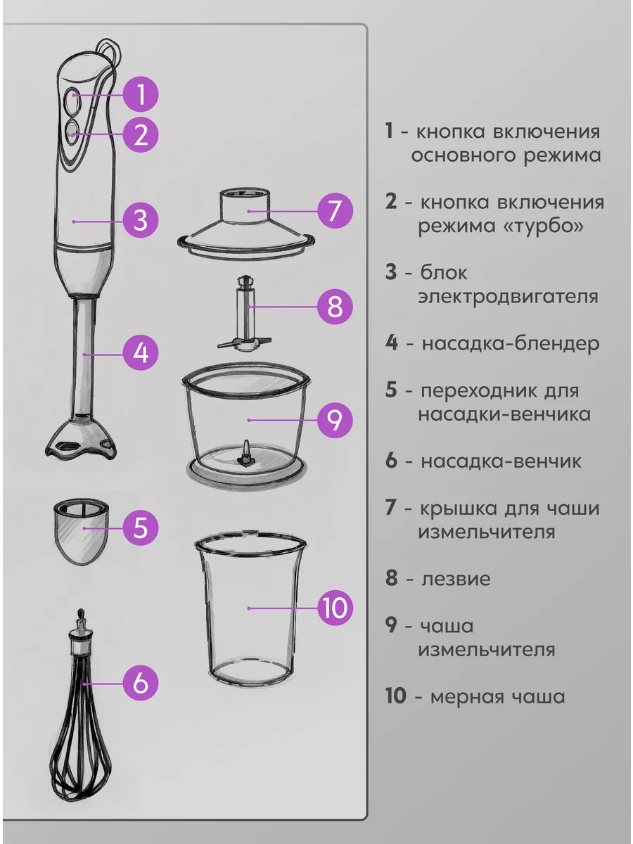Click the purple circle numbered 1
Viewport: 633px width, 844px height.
coord(141,94)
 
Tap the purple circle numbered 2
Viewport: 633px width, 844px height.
coord(141,134)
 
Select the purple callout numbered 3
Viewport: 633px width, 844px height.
coord(141,221)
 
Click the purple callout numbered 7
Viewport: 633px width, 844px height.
coord(335,211)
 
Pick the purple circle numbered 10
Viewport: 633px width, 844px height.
coord(335,608)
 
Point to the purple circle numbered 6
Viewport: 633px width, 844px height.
coord(141,684)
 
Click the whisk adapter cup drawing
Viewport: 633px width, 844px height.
coord(81,532)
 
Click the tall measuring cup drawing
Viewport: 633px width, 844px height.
coord(250,608)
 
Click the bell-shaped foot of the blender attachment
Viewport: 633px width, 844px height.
coord(81,438)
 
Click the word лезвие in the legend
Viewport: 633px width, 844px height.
coord(456,579)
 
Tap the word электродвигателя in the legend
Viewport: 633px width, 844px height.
coord(508,297)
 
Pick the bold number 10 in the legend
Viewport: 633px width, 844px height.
coord(395,696)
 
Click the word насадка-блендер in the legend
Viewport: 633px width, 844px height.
coord(511,343)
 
